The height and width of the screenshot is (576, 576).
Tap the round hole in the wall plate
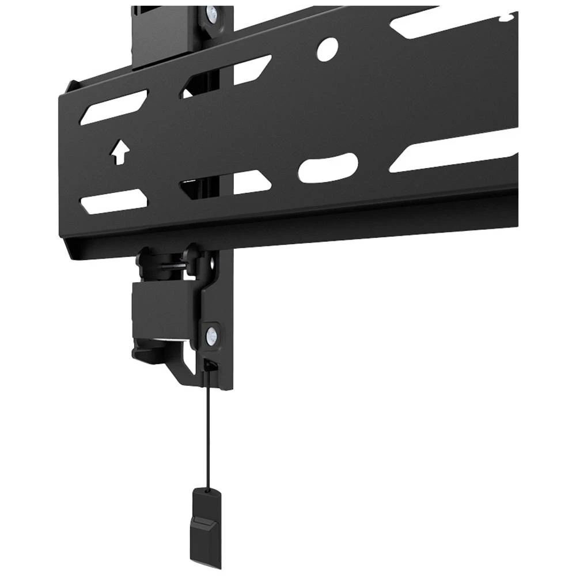pos(328,50)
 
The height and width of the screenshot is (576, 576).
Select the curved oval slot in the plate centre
pos(328,168)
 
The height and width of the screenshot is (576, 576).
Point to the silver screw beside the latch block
pos(212,334)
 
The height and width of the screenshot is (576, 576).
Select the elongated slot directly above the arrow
pos(113,107)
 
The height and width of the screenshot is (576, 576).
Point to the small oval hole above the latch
pos(215,263)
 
